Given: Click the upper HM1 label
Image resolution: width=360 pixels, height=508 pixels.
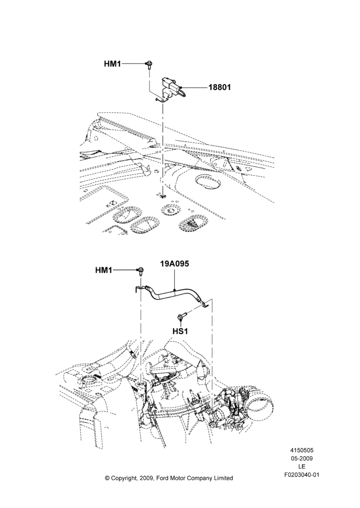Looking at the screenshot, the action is click(112, 64).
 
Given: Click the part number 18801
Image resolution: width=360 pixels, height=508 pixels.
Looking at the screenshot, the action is click(220, 87).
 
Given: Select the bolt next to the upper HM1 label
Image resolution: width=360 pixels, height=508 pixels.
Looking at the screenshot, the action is click(149, 65).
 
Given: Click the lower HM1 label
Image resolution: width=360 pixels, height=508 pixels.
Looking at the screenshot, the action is click(104, 270).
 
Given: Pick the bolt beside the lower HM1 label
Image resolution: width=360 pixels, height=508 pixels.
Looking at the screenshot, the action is click(141, 271).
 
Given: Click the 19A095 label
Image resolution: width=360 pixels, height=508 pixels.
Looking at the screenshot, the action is click(174, 264).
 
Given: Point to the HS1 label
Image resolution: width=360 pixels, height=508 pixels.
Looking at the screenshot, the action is click(181, 331).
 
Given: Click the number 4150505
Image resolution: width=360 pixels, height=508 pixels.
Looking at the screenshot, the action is click(302, 450).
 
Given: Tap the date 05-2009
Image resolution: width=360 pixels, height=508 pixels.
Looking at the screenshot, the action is click(302, 458).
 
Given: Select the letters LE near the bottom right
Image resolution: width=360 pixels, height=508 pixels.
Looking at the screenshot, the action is click(302, 467).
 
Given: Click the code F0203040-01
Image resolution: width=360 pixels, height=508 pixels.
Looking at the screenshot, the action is click(302, 475).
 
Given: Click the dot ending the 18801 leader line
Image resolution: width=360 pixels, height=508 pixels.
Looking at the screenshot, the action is click(182, 87).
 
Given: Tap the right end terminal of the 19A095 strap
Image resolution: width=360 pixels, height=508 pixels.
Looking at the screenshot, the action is click(205, 304).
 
